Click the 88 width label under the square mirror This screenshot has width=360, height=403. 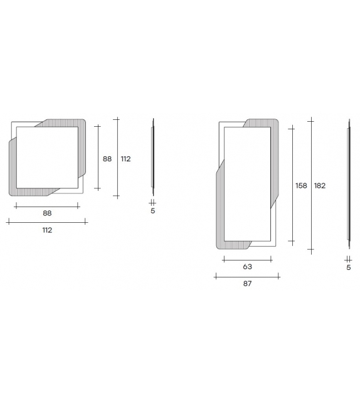point(47,213)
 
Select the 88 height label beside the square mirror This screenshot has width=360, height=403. point(107,159)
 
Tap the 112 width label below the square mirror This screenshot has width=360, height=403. point(47,230)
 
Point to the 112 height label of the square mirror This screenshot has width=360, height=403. point(125,159)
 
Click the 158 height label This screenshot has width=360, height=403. point(301,186)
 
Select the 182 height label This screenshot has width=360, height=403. point(320,186)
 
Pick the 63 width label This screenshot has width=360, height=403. point(247,267)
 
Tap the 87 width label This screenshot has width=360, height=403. point(247,284)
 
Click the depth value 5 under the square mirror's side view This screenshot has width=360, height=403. point(152,211)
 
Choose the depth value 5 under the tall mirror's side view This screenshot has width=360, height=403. point(349,267)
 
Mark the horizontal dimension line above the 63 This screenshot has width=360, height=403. point(247,258)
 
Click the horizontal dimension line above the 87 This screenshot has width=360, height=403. point(247,275)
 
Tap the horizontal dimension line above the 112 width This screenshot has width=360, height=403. point(47,222)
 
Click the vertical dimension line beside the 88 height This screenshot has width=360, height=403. point(98,157)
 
